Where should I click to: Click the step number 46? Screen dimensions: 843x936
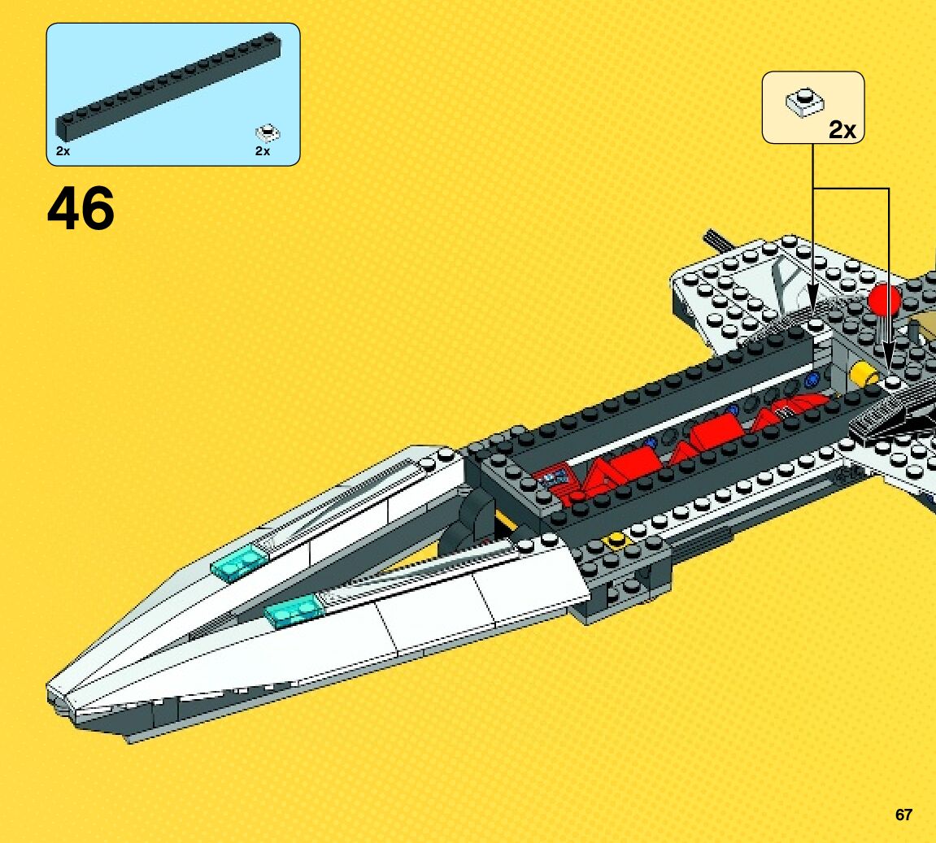81,209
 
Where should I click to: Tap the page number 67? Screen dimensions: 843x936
903,815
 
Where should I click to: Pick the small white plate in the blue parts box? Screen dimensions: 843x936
268,133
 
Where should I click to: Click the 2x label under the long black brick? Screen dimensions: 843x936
63,151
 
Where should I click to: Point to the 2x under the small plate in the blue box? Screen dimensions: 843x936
262,151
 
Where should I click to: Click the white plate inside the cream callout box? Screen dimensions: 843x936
804,101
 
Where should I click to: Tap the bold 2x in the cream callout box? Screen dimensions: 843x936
842,129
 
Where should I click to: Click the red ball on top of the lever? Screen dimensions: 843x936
884,301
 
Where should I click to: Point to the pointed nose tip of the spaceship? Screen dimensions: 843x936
54,690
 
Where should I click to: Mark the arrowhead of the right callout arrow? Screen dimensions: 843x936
888,366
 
